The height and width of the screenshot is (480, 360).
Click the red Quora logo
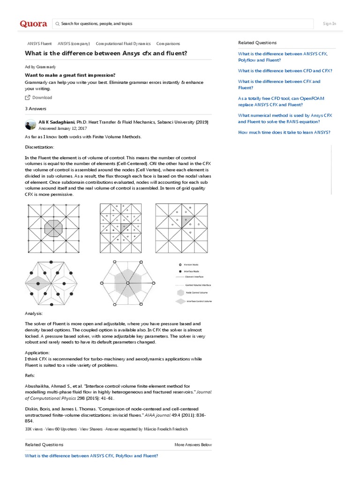click(x=33, y=24)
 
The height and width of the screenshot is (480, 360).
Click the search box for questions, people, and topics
click(x=183, y=23)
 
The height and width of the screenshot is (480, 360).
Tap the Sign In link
click(x=330, y=23)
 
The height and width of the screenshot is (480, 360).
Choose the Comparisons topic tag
click(x=168, y=43)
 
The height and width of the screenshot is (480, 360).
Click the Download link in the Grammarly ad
click(x=42, y=97)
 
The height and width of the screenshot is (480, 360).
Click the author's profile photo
click(x=30, y=125)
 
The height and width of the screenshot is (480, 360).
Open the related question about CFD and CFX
click(x=285, y=71)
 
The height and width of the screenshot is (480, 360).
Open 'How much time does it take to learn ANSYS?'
click(x=284, y=132)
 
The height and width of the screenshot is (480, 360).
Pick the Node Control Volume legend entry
click(x=197, y=291)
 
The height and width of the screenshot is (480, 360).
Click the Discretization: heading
click(x=39, y=147)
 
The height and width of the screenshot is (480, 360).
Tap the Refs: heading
click(x=30, y=375)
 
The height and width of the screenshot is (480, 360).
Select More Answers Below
click(x=193, y=444)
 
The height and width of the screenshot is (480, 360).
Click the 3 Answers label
click(x=35, y=108)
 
